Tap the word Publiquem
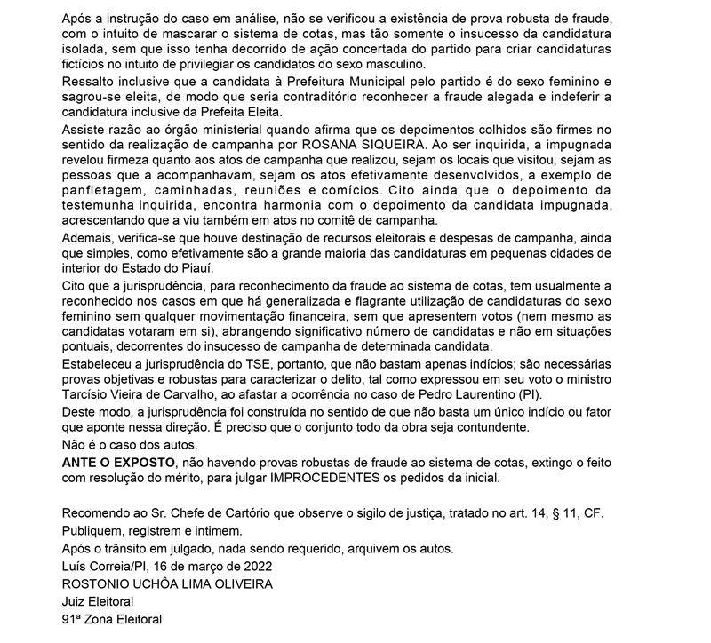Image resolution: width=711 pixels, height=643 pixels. click(91, 531)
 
